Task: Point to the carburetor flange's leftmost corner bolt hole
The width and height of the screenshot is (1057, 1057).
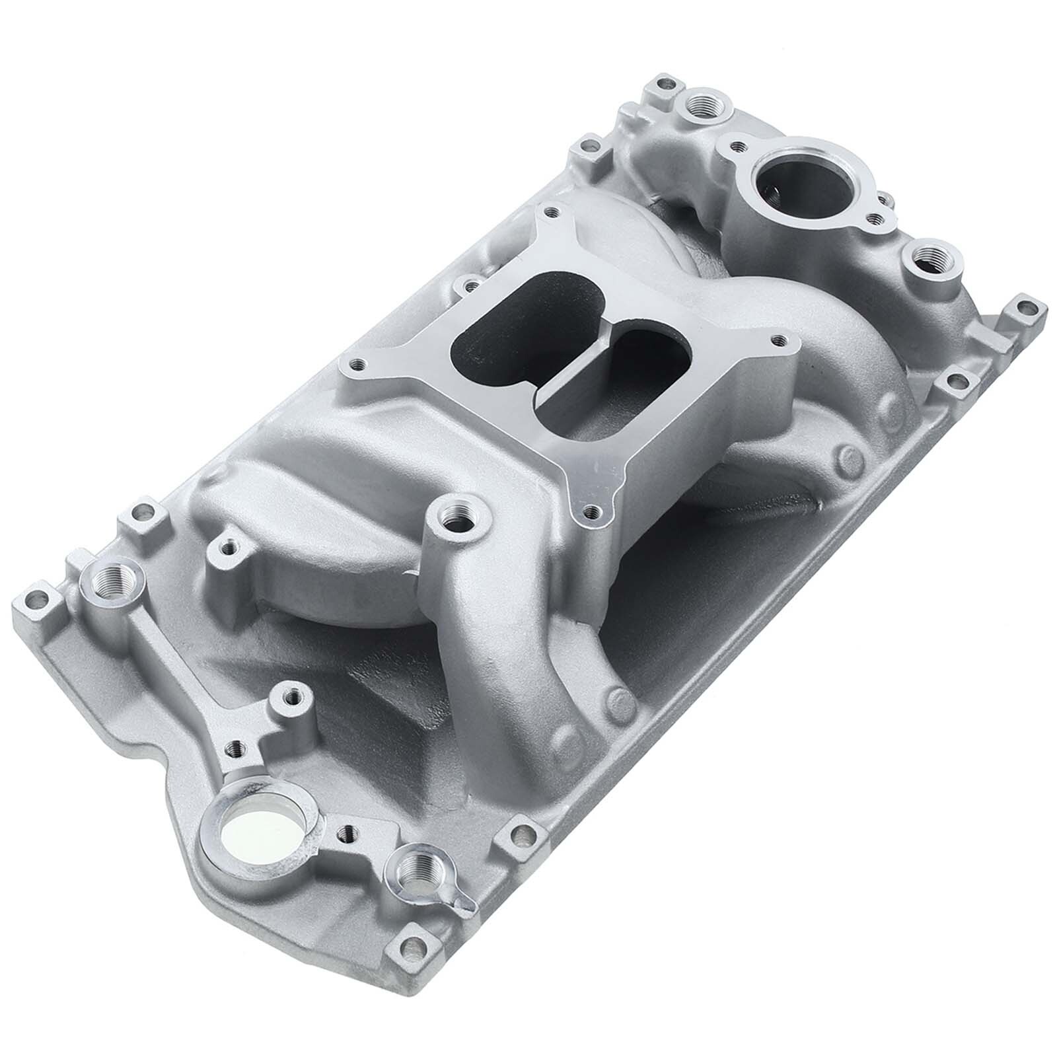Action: click(x=359, y=363)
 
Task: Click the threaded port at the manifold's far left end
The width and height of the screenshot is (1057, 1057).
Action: click(x=110, y=581)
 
